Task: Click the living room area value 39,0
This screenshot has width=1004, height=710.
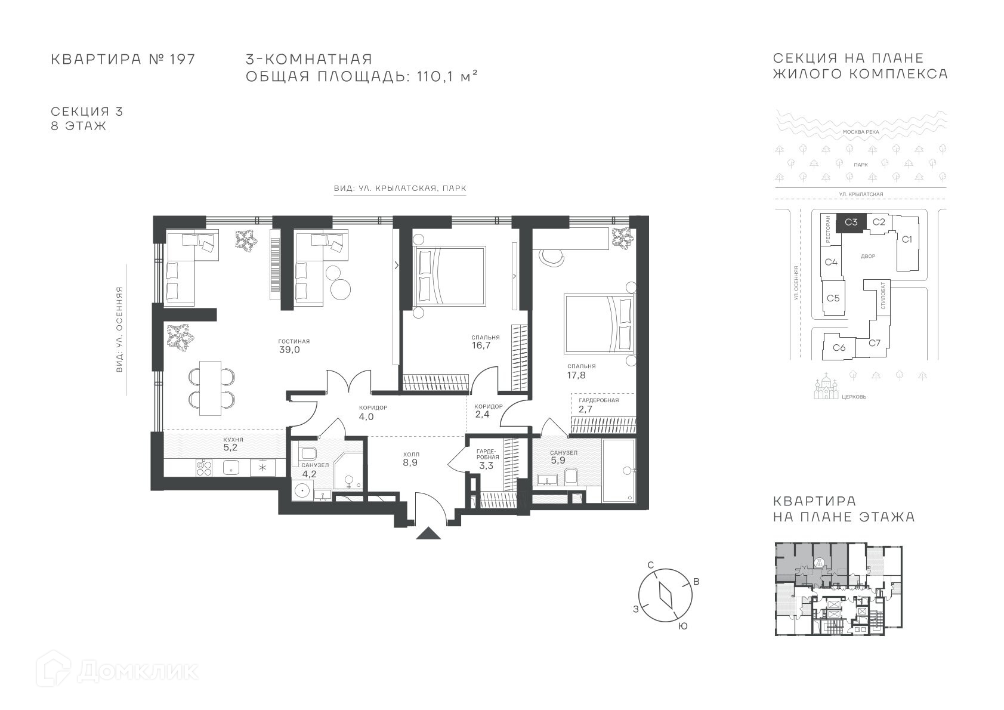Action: [289, 350]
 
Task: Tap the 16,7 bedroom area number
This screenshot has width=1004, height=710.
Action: [481, 345]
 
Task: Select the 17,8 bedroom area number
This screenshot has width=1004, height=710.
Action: [576, 375]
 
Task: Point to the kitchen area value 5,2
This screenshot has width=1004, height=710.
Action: [230, 447]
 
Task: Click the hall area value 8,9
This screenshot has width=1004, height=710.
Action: [410, 462]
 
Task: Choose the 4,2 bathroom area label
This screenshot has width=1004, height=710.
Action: [309, 474]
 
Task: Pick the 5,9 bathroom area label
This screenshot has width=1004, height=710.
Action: [558, 461]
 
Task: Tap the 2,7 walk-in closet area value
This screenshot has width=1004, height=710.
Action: [585, 409]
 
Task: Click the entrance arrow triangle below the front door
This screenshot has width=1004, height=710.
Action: [428, 533]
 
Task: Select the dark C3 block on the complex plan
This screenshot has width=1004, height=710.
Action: [851, 223]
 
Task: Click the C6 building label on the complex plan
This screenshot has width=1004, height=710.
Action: [839, 347]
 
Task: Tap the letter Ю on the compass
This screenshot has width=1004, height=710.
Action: [682, 626]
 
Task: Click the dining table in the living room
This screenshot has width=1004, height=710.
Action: [210, 388]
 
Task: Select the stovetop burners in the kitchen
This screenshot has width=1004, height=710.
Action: [204, 468]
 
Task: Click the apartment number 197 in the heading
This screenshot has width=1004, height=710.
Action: [182, 59]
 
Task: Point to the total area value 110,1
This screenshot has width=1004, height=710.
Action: [434, 76]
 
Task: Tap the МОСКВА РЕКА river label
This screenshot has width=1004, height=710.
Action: [861, 132]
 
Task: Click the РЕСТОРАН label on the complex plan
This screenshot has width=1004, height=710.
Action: [827, 229]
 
